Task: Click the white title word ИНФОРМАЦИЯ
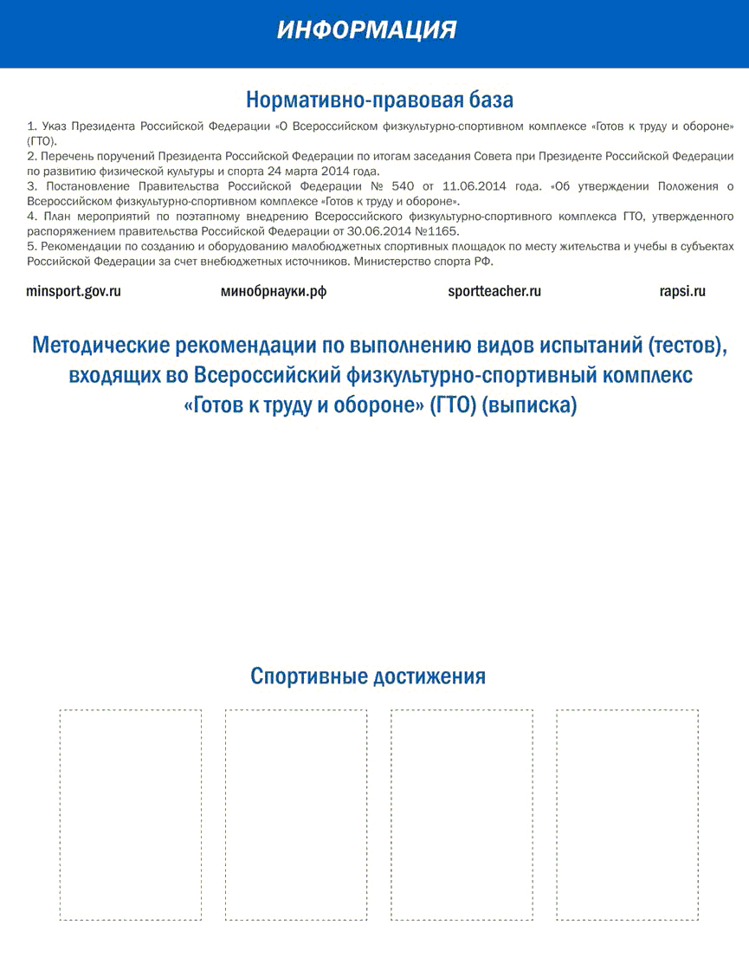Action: click(x=367, y=30)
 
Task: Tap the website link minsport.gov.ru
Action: click(x=74, y=292)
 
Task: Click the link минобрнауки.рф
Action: click(x=274, y=292)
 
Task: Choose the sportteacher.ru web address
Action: click(x=494, y=292)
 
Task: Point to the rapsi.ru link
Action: click(x=682, y=292)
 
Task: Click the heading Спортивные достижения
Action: click(x=368, y=676)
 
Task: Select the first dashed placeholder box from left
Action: click(x=131, y=815)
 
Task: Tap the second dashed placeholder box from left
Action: click(x=296, y=815)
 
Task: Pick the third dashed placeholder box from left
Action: click(x=462, y=815)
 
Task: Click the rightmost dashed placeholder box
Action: click(x=627, y=815)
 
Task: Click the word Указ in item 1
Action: click(x=54, y=126)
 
